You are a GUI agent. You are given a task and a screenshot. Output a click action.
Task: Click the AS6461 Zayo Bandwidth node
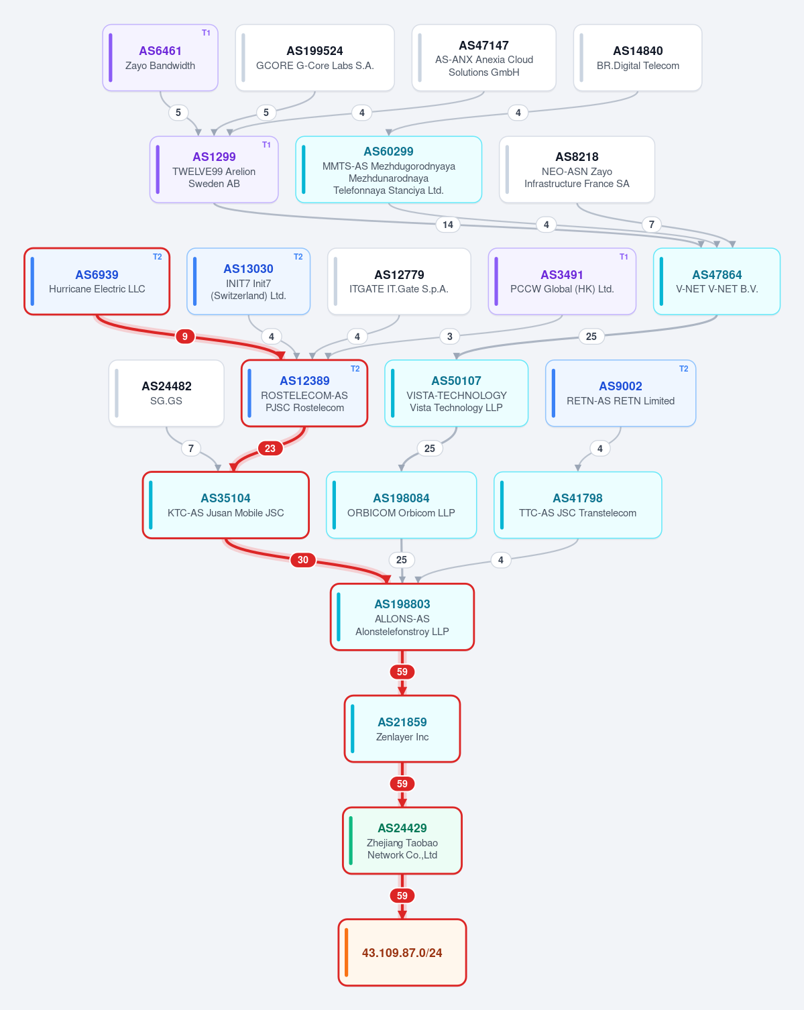pyautogui.click(x=160, y=58)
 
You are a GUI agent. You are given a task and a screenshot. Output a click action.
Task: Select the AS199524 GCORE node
pyautogui.click(x=314, y=58)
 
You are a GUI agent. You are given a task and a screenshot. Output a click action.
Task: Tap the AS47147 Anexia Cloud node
pyautogui.click(x=483, y=58)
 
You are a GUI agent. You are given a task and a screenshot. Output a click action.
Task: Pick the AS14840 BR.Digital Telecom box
pyautogui.click(x=638, y=58)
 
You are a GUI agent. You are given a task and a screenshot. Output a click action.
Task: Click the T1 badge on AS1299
pyautogui.click(x=266, y=145)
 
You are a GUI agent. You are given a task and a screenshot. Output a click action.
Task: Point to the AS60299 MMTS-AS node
pyautogui.click(x=388, y=170)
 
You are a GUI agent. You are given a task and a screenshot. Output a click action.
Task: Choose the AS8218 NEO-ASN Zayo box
pyautogui.click(x=577, y=170)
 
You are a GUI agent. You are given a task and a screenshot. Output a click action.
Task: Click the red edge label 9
pyautogui.click(x=185, y=337)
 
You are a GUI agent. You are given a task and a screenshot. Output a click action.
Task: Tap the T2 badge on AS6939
pyautogui.click(x=157, y=257)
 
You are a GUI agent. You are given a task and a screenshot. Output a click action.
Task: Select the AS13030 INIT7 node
pyautogui.click(x=248, y=281)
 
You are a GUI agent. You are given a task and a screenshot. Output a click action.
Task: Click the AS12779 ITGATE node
pyautogui.click(x=399, y=281)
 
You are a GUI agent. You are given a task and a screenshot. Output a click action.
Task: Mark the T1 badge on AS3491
pyautogui.click(x=624, y=257)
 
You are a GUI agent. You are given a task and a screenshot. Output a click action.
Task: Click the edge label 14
pyautogui.click(x=448, y=225)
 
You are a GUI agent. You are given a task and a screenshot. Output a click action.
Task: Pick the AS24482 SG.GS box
pyautogui.click(x=166, y=393)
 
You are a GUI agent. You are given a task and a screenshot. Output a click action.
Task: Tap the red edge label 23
pyautogui.click(x=270, y=448)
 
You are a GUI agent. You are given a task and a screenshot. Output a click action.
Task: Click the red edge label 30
pyautogui.click(x=302, y=560)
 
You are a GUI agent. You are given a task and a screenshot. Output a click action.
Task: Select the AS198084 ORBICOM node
pyautogui.click(x=401, y=505)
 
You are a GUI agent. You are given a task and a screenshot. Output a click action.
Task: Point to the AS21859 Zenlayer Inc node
pyautogui.click(x=402, y=729)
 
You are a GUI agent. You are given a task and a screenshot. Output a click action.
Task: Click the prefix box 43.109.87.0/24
pyautogui.click(x=402, y=952)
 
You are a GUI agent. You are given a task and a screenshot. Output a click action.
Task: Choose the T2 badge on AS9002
pyautogui.click(x=683, y=368)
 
